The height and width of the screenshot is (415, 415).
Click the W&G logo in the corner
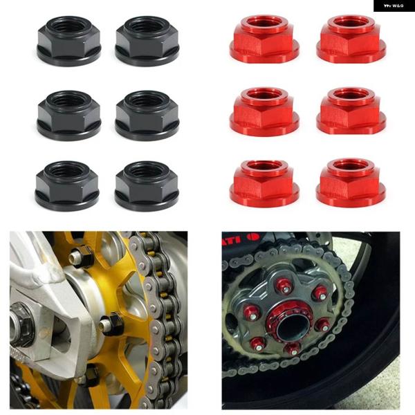394,6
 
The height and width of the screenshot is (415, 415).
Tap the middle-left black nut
68,115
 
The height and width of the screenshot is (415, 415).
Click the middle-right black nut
147,115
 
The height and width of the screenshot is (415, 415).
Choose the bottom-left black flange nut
68,185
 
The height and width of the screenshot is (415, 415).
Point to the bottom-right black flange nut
147,185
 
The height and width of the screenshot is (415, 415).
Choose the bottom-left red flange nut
264,183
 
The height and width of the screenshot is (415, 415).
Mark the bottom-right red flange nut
351,183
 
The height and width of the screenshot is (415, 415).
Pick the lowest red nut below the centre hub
294,348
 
